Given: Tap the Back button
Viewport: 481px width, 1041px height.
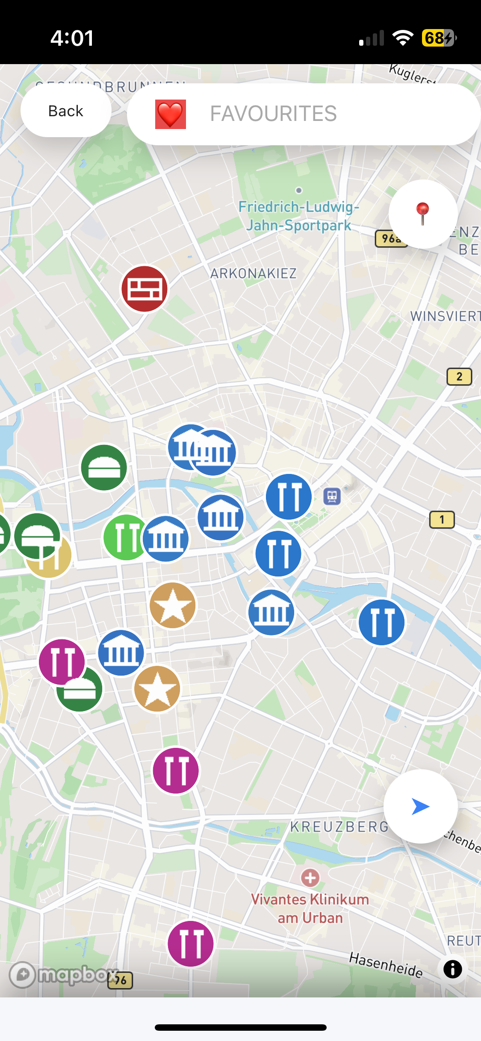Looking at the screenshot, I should pyautogui.click(x=66, y=111).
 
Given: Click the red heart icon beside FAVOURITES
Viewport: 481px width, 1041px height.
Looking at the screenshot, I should pyautogui.click(x=171, y=114).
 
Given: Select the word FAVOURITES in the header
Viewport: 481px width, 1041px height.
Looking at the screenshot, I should pyautogui.click(x=273, y=114).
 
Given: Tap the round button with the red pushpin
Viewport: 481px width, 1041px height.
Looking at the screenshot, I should pyautogui.click(x=423, y=214).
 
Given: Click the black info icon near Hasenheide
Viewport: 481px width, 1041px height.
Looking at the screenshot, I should pyautogui.click(x=452, y=969).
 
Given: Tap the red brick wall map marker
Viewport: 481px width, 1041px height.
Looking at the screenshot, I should pyautogui.click(x=145, y=289).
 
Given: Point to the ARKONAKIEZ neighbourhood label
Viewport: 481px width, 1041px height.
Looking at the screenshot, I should pyautogui.click(x=253, y=273).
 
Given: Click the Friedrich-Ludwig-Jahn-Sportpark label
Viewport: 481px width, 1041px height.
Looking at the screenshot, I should pyautogui.click(x=298, y=216).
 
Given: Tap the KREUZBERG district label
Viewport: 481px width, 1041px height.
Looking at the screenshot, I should pyautogui.click(x=339, y=827).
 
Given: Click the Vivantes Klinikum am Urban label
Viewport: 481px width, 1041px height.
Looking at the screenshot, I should pyautogui.click(x=310, y=909).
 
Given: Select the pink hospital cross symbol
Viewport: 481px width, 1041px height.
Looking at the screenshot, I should pyautogui.click(x=310, y=878).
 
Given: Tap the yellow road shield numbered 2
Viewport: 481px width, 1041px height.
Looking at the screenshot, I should pyautogui.click(x=459, y=376).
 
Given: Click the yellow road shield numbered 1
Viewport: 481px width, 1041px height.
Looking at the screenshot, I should pyautogui.click(x=442, y=520).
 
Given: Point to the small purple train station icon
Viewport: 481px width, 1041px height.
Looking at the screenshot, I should pyautogui.click(x=332, y=497).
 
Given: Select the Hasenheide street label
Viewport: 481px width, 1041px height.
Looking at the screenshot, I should pyautogui.click(x=386, y=964).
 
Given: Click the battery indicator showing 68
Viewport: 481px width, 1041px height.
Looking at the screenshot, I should pyautogui.click(x=439, y=38).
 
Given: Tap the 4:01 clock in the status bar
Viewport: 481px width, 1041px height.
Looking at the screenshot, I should pyautogui.click(x=72, y=38).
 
